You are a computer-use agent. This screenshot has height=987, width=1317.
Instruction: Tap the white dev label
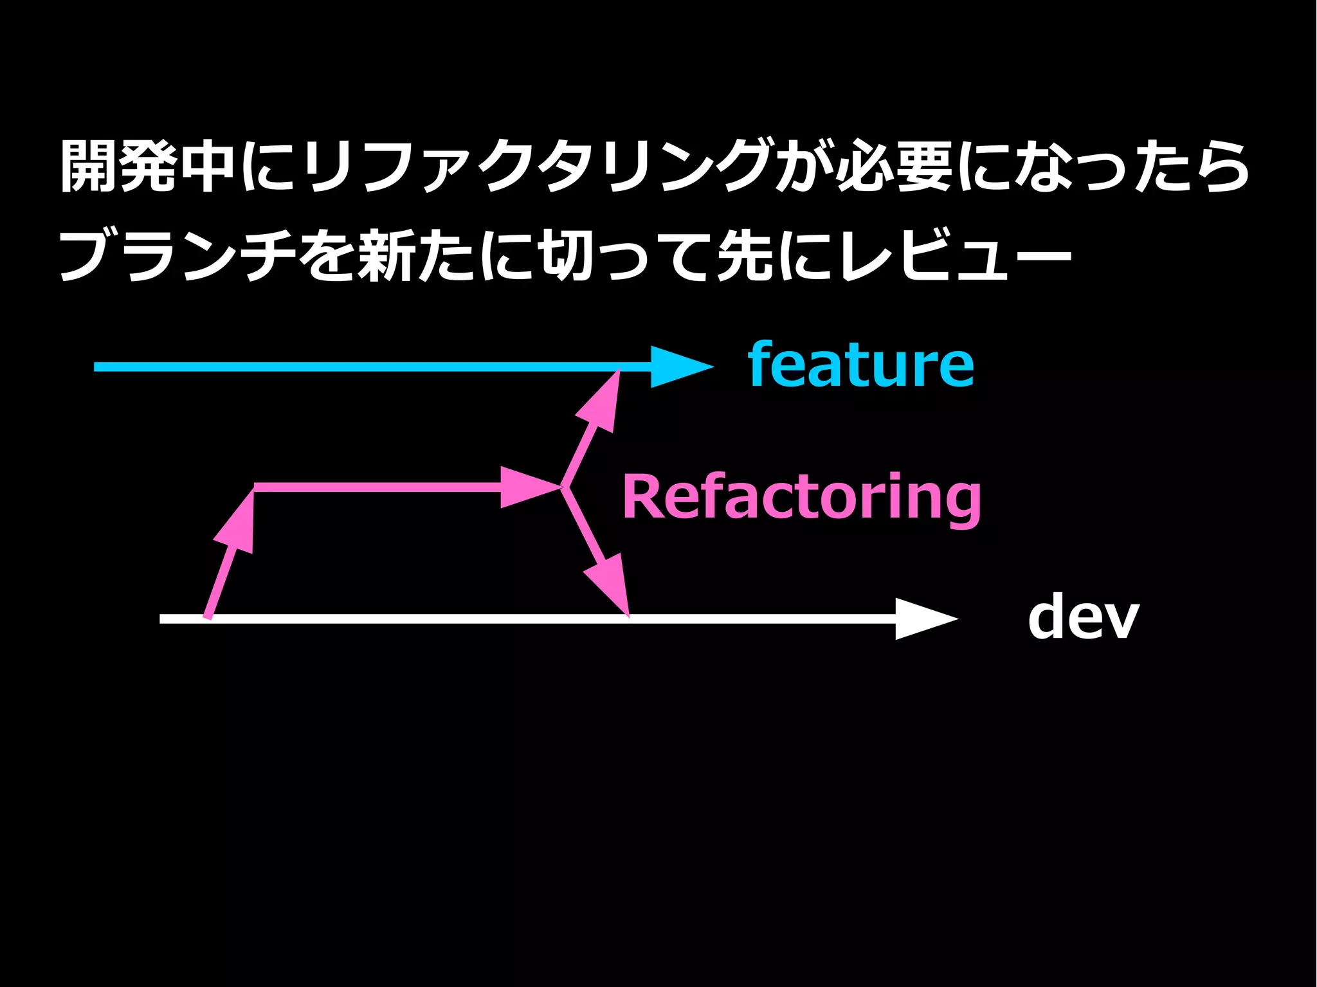(1084, 617)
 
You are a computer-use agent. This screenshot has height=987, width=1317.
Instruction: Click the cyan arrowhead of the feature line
(678, 367)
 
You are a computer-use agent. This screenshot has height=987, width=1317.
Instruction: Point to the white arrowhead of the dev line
(923, 619)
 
